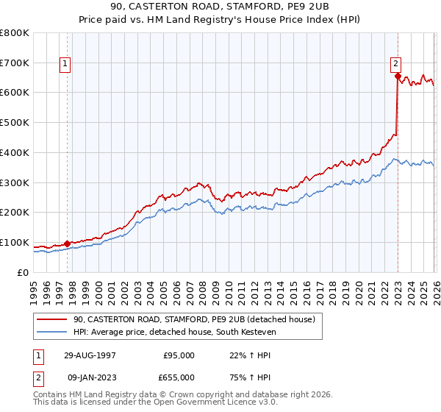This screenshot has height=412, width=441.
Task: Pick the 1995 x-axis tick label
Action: tap(34, 288)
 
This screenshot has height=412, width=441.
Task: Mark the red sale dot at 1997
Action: tap(68, 244)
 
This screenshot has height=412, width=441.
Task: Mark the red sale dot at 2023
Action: tap(398, 76)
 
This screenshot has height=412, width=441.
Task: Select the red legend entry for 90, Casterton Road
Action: tap(194, 319)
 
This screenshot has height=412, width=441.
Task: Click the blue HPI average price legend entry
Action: tap(177, 332)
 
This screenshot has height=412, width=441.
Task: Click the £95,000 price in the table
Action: tap(179, 355)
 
